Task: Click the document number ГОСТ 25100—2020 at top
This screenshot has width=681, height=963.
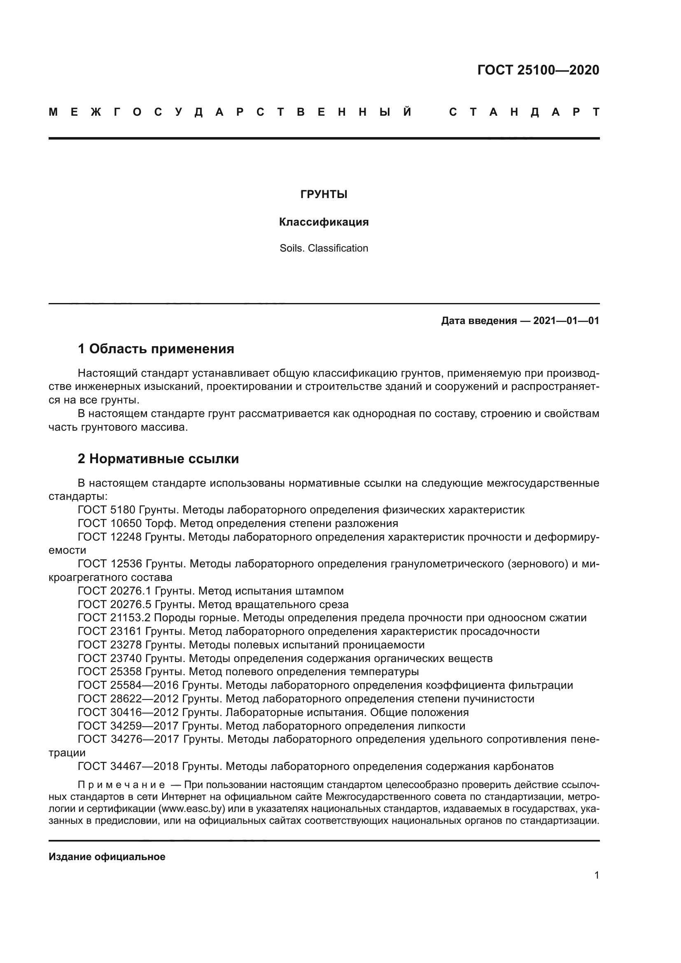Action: (538, 70)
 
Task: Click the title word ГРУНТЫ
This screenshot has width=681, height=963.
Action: (324, 195)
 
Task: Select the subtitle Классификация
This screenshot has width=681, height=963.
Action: (324, 222)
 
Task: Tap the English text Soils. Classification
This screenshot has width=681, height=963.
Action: (324, 248)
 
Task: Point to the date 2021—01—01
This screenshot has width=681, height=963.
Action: (566, 321)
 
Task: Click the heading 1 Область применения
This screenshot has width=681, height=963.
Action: (156, 349)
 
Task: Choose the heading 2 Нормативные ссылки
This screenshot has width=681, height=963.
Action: (158, 459)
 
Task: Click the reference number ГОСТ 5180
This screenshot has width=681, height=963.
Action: (107, 510)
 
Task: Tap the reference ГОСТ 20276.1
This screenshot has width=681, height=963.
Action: (114, 591)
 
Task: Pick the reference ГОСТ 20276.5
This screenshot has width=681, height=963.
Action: (114, 604)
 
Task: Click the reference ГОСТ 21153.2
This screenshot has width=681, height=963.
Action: (114, 618)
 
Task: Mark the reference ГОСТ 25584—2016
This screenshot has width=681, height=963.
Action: (128, 686)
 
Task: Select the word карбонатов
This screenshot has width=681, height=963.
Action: (523, 767)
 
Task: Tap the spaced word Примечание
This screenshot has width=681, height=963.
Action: (121, 785)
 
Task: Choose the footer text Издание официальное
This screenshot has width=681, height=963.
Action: (107, 857)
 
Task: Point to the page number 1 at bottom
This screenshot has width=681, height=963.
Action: (596, 875)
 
